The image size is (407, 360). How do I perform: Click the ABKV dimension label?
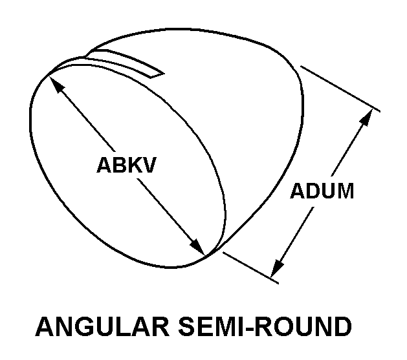(126, 165)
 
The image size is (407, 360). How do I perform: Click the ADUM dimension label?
(322, 191)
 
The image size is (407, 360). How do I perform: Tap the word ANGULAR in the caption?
(102, 326)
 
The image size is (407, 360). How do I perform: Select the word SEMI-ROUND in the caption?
(265, 326)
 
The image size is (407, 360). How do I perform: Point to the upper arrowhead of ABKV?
(55, 83)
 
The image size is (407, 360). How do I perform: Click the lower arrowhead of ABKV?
(197, 247)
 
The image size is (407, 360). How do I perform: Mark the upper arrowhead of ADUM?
(366, 117)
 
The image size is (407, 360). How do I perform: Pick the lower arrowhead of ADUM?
(277, 269)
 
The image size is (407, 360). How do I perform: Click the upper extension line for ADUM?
(340, 89)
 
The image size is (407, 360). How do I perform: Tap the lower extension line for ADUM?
(251, 268)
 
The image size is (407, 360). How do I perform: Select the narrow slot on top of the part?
(125, 62)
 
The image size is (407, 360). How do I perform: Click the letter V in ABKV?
(148, 165)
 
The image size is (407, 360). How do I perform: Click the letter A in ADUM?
(298, 191)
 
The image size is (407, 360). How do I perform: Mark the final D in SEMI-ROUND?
(342, 326)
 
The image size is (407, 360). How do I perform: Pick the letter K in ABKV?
(132, 165)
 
